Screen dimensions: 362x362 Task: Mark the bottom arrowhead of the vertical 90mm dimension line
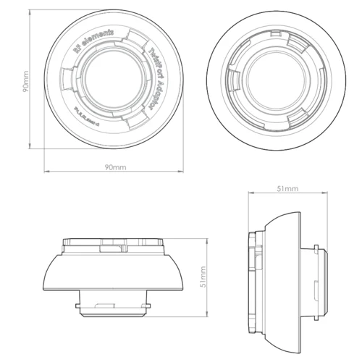(x=30, y=151)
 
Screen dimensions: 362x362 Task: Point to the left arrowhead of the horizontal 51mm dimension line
(x=250, y=194)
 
